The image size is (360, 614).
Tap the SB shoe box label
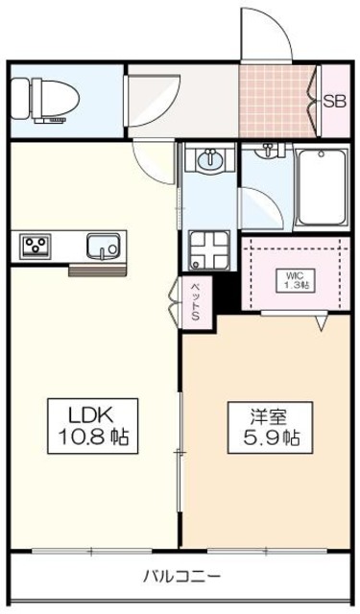tap(334, 103)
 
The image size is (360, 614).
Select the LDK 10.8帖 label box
tap(93, 426)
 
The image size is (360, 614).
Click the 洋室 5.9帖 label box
tap(270, 428)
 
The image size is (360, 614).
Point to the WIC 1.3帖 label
tap(296, 280)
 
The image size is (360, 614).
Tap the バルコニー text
tap(181, 576)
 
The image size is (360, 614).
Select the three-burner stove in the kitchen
tap(36, 247)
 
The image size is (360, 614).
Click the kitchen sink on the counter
tap(104, 247)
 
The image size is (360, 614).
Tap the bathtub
tap(322, 187)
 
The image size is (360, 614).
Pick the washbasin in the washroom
tap(210, 157)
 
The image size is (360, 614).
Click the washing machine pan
tap(209, 250)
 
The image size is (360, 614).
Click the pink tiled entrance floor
tap(276, 101)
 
